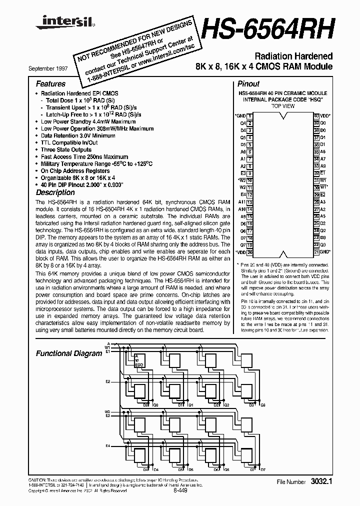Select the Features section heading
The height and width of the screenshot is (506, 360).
coord(50,84)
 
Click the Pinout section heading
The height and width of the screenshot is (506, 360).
coord(248,84)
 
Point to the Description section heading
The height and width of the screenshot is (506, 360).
coord(55,192)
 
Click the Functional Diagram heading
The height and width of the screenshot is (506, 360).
coord(69,353)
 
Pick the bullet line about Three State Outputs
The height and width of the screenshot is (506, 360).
coord(66,149)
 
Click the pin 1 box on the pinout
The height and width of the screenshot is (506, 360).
coord(249,115)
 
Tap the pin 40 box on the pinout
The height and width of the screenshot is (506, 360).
coord(316,115)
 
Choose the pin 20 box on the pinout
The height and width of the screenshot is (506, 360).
coord(249,252)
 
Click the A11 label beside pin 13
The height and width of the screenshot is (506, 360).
coord(242,202)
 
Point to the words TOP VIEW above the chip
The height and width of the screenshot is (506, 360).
coord(282,106)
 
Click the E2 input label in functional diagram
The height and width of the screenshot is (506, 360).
coord(107,381)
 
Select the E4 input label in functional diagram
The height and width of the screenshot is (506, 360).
coord(107,445)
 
